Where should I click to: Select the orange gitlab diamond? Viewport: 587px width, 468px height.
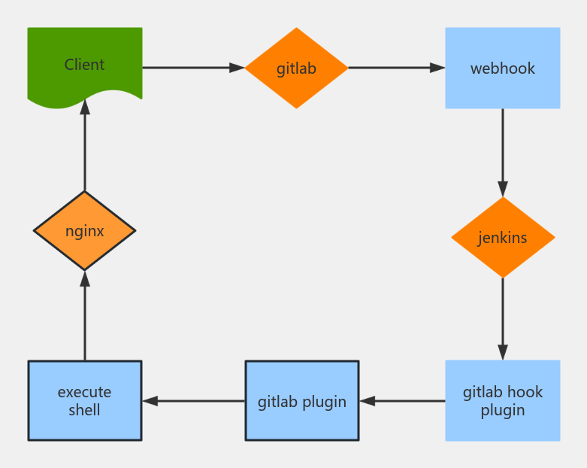(296, 68)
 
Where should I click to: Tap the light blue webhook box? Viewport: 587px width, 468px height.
(502, 68)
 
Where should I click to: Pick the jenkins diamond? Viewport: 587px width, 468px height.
(502, 238)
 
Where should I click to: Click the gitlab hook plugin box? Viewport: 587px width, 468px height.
(502, 401)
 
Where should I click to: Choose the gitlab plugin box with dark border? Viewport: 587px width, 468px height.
(302, 401)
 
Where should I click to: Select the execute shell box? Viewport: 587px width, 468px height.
(84, 401)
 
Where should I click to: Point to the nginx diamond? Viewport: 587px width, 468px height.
(84, 230)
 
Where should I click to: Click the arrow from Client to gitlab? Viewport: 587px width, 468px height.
(193, 68)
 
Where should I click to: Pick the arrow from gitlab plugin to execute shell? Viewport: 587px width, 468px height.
(193, 401)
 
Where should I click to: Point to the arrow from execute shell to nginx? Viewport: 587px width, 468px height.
(84, 316)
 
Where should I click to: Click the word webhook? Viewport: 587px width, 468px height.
(502, 68)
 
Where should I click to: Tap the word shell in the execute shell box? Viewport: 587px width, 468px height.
(84, 410)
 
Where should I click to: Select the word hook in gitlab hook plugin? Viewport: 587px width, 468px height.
(525, 392)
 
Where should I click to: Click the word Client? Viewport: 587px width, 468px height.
(84, 65)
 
